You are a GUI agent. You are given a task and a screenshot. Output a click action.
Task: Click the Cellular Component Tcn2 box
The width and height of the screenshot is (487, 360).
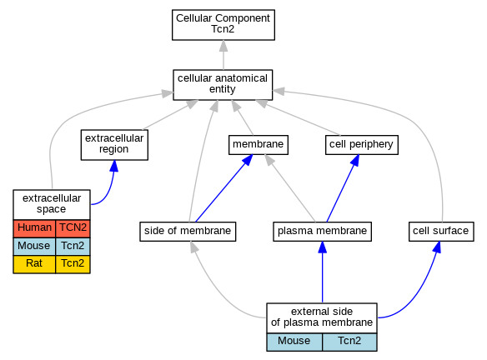click(x=223, y=25)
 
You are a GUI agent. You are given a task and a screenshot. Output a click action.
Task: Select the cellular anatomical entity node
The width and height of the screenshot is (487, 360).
click(x=223, y=85)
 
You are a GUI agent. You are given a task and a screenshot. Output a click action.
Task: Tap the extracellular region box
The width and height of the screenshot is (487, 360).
click(x=114, y=145)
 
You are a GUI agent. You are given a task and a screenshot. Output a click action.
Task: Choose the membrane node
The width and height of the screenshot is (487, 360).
click(x=259, y=145)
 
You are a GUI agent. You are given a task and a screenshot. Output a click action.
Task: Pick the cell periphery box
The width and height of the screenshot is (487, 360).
click(x=362, y=145)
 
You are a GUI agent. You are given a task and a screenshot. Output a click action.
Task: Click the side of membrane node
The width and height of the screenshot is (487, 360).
click(x=188, y=231)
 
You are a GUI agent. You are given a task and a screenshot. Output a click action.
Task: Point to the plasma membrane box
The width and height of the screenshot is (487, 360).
click(x=323, y=231)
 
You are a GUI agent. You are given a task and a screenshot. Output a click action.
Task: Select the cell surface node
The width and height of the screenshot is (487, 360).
click(x=441, y=231)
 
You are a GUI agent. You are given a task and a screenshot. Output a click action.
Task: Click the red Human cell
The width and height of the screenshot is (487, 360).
click(x=34, y=228)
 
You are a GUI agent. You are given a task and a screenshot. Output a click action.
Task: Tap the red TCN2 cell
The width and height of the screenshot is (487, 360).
click(x=73, y=228)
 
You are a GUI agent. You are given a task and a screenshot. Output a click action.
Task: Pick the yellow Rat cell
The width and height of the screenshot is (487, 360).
click(x=34, y=264)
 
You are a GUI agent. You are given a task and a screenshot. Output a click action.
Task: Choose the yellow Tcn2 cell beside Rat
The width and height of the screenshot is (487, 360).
click(x=73, y=264)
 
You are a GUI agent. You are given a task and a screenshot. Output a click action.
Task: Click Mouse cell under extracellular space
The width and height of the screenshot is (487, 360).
click(x=34, y=247)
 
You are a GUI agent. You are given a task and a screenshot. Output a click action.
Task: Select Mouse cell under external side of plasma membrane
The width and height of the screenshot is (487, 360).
click(x=294, y=342)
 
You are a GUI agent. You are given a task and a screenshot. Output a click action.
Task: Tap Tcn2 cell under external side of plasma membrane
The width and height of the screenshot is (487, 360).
click(x=349, y=342)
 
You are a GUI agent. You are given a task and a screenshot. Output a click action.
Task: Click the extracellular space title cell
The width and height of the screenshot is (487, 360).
click(x=52, y=205)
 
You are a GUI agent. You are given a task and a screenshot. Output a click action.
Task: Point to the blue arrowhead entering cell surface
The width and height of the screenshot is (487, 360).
click(x=437, y=247)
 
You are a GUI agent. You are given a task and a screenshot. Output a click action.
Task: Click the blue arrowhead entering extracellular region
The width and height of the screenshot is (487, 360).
click(x=114, y=166)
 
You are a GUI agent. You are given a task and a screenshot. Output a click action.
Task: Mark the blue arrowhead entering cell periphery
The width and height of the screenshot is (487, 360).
click(x=355, y=160)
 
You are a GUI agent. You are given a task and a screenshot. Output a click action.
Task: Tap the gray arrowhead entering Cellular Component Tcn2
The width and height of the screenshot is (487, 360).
click(x=223, y=46)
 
